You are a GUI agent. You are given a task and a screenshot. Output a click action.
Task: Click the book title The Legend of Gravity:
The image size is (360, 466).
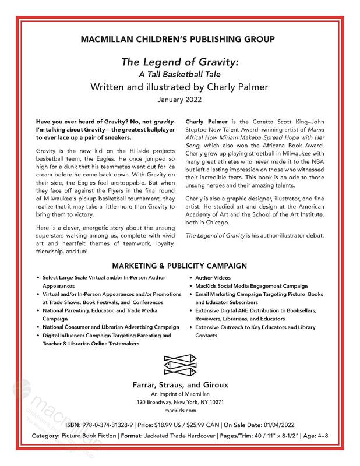[179, 62]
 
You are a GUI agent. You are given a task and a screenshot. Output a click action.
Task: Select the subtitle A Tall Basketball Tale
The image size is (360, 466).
[179, 74]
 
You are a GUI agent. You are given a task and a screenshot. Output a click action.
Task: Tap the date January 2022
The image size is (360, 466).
[179, 100]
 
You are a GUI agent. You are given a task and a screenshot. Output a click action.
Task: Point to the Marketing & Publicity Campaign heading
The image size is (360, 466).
[179, 265]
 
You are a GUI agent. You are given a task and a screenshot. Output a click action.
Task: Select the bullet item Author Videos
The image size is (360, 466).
[213, 278]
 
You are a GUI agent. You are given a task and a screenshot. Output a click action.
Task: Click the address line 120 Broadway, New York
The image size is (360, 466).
[179, 402]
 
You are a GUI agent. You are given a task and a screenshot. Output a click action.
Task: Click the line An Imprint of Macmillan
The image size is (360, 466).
[179, 394]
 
